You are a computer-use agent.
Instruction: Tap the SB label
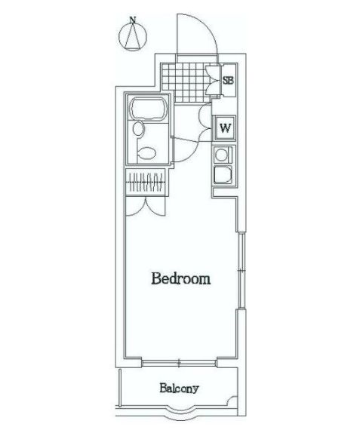pyautogui.click(x=227, y=80)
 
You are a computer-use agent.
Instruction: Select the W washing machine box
pyautogui.click(x=224, y=127)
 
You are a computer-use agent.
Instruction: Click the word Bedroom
pyautogui.click(x=180, y=279)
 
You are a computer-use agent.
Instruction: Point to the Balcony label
pyautogui.click(x=179, y=389)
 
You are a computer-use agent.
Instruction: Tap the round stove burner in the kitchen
pyautogui.click(x=223, y=156)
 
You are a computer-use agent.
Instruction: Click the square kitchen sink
pyautogui.click(x=223, y=177)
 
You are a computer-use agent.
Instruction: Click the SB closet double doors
pyautogui.click(x=214, y=80)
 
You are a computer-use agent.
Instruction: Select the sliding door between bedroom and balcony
pyautogui.click(x=180, y=362)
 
